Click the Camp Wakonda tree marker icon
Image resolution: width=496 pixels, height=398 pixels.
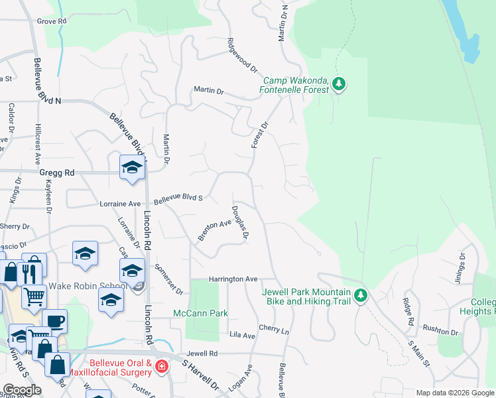(x=339, y=84)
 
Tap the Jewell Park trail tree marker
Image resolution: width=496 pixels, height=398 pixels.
(x=360, y=295)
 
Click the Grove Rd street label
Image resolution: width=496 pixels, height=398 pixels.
(x=52, y=21)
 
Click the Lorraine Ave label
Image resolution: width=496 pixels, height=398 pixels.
(x=120, y=204)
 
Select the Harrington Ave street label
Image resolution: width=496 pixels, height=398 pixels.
(x=233, y=279)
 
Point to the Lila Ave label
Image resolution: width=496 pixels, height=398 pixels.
(x=242, y=336)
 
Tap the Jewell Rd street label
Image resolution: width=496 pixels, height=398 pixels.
(x=202, y=354)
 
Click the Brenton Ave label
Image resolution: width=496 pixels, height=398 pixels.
(x=214, y=230)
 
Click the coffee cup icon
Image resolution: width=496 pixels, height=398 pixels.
(x=55, y=320)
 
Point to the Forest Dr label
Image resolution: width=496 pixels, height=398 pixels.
(x=259, y=136)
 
